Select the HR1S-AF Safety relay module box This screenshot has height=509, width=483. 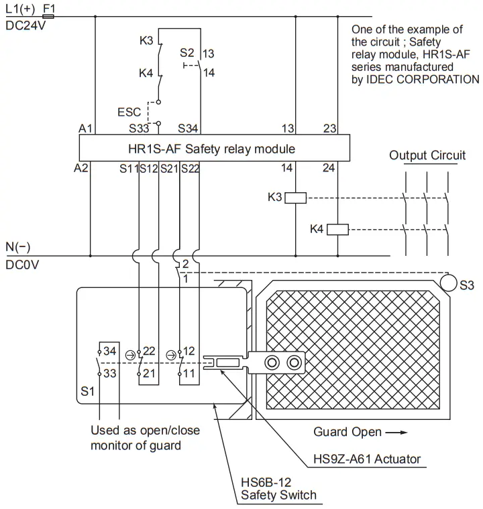[x=215, y=148]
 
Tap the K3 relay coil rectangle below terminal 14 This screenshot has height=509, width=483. [x=296, y=197]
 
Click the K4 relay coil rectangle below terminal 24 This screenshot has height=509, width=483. [x=337, y=229]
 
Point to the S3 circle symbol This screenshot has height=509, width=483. [x=447, y=284]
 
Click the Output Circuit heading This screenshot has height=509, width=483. [x=427, y=155]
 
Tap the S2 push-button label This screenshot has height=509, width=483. [x=187, y=52]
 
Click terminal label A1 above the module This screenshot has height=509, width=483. [x=85, y=128]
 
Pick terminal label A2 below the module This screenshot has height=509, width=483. [x=81, y=169]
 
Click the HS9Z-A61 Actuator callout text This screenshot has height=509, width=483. [x=367, y=459]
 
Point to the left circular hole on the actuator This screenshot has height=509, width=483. [x=272, y=362]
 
